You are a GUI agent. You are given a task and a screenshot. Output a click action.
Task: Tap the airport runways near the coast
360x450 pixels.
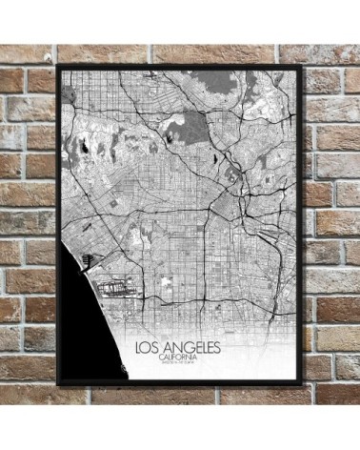pyautogui.click(x=119, y=285)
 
